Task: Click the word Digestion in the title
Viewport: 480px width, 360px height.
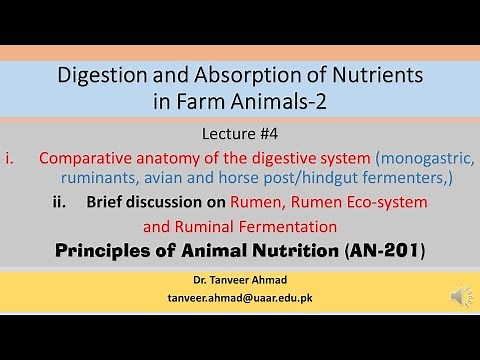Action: [x=103, y=74]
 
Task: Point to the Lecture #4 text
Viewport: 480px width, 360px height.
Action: [x=240, y=134]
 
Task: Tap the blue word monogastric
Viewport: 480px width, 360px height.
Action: [x=424, y=158]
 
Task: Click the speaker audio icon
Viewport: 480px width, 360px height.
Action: [x=461, y=296]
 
